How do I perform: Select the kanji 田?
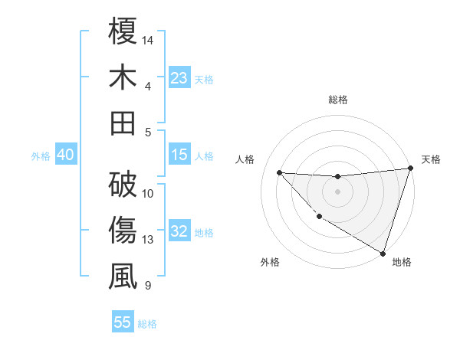pos(123,123)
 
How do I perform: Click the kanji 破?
pos(123,184)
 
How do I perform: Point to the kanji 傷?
pos(123,231)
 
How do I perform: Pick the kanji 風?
pos(123,277)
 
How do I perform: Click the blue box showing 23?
pos(179,78)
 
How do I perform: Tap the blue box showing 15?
pos(179,155)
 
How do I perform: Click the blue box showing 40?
pos(65,155)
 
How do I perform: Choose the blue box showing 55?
pos(123,322)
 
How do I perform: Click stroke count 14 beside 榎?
pos(148,39)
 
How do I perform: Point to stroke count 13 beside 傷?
pos(148,240)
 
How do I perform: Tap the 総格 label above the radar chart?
pos(337,100)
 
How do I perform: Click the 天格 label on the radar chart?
pos(431,159)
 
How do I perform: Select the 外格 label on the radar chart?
pos(270,262)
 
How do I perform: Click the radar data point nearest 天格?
pos(410,169)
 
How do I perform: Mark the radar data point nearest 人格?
pos(280,173)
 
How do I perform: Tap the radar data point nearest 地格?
pos(383,253)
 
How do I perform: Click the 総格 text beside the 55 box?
pos(147,324)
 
